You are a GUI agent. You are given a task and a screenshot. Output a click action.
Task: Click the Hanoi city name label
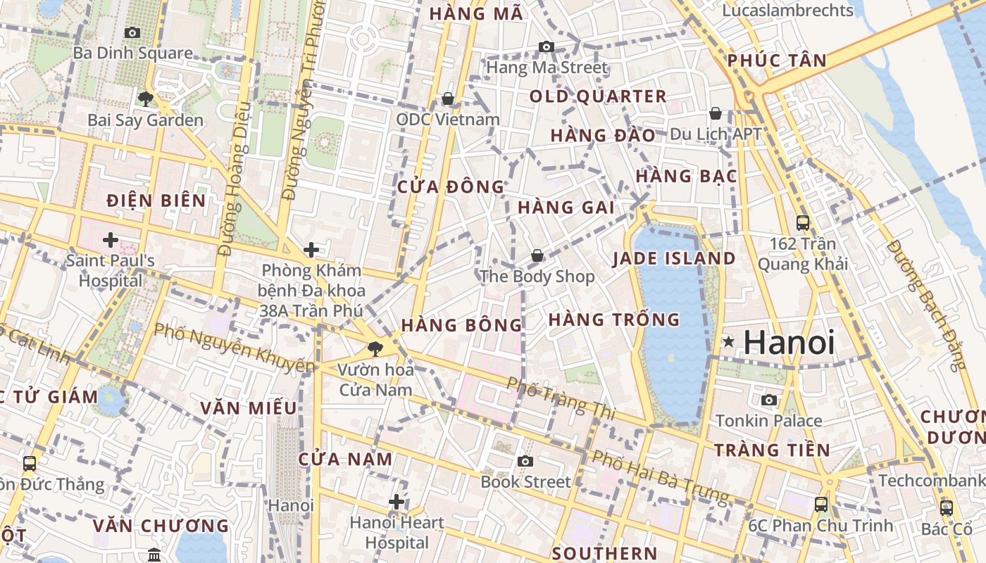789,343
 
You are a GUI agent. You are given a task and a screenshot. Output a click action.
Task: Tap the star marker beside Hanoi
728,342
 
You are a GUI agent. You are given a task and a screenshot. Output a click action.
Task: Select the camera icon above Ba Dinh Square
132,32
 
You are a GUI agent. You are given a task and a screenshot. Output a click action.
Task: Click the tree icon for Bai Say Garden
146,99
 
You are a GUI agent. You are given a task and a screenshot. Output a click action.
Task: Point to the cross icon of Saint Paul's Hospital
111,241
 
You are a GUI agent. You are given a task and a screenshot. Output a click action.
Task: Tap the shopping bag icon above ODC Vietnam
447,99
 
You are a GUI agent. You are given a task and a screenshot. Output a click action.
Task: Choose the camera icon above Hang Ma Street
546,47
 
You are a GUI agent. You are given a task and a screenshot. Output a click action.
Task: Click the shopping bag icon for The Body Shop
537,255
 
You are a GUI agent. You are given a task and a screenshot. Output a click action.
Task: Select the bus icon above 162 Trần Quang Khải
802,223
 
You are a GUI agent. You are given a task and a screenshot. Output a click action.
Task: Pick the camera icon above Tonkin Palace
769,400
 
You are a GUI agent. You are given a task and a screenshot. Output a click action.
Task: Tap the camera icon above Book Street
525,462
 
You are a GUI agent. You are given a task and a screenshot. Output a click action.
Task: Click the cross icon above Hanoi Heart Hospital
397,502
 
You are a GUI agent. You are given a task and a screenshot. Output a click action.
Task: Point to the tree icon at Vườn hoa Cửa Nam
375,348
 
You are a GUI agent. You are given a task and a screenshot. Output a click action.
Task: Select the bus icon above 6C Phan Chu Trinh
821,504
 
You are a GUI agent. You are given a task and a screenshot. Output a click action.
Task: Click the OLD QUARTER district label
597,96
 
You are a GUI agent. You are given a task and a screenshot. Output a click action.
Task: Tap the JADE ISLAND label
673,258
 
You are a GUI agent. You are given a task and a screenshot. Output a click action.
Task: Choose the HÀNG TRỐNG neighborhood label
614,320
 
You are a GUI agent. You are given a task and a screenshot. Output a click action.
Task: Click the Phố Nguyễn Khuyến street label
234,348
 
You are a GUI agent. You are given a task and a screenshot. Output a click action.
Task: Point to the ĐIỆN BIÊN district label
156,201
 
